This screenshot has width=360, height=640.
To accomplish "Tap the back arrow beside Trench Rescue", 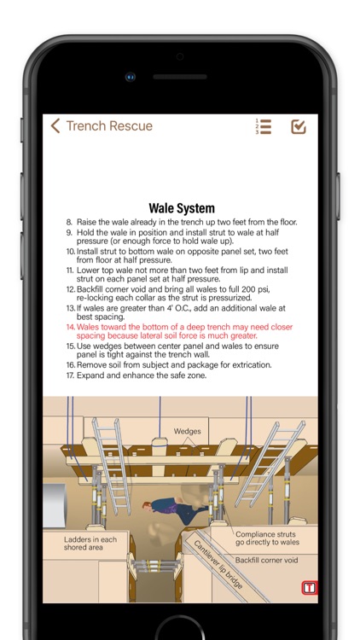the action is pos(55,125).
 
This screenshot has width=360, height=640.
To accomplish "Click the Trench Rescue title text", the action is pos(109,125).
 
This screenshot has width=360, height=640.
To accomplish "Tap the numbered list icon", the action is pos(264,126).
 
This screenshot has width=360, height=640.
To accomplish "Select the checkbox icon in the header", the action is pos(299,126).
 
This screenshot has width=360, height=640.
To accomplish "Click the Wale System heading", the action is pos(182,208).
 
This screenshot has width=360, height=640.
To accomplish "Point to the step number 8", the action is pos(69,223).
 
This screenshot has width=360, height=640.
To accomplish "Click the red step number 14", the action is pos(71,327).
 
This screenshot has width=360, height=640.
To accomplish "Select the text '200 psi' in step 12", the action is pos(256,289).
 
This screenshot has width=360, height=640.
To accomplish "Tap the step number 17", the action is pos(70,375).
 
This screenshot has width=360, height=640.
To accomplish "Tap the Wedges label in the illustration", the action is pos(188,431).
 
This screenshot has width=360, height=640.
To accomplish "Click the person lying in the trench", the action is pos(175,510).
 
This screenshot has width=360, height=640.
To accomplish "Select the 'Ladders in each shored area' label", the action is pos(90,544).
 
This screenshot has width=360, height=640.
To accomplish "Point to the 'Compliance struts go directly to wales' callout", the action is pos(267,538).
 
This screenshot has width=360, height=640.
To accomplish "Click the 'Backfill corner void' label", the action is pos(266,561).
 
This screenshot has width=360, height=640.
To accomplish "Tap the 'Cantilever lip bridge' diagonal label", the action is pos(218,565).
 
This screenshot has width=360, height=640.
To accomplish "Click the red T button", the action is pos(310,588).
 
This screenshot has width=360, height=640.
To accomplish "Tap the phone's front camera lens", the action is pos(131,77).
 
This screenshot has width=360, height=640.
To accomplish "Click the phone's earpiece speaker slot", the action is pos(180,77).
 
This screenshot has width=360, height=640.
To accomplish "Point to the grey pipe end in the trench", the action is pos(55,505).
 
